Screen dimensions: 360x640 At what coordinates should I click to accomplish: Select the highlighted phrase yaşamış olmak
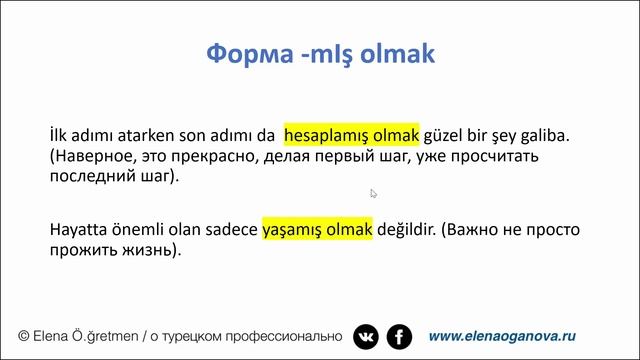pos(317,229)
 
